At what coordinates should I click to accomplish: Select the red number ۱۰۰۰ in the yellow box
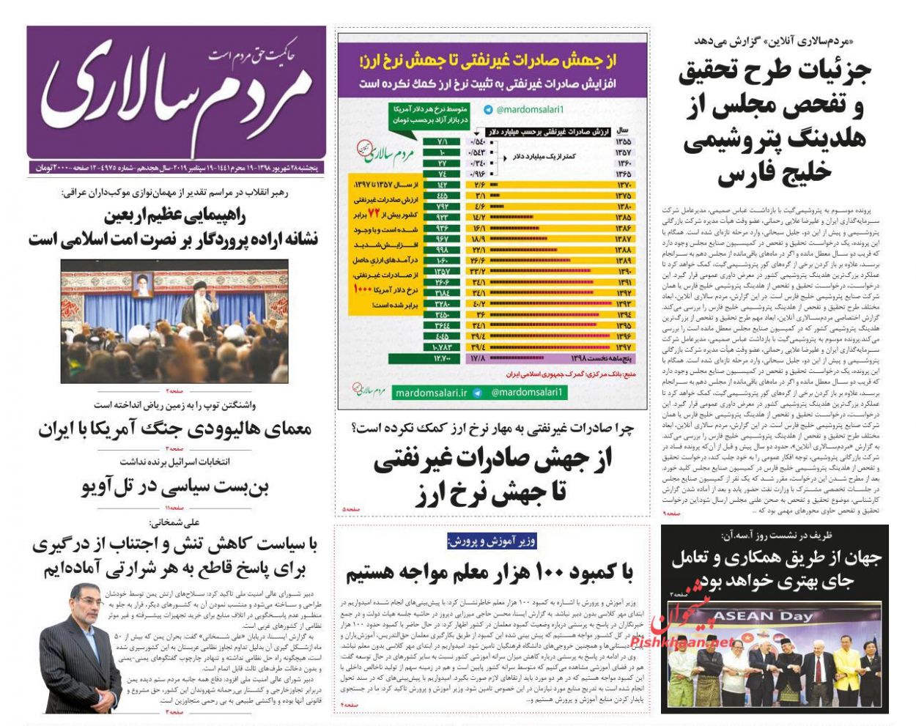point(363,289)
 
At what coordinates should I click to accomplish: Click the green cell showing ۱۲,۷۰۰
point(442,358)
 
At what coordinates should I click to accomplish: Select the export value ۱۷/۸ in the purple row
point(479,358)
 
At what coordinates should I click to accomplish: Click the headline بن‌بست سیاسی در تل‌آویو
point(175,486)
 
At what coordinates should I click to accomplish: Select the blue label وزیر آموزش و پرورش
point(492,541)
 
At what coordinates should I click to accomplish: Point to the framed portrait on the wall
point(141,284)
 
